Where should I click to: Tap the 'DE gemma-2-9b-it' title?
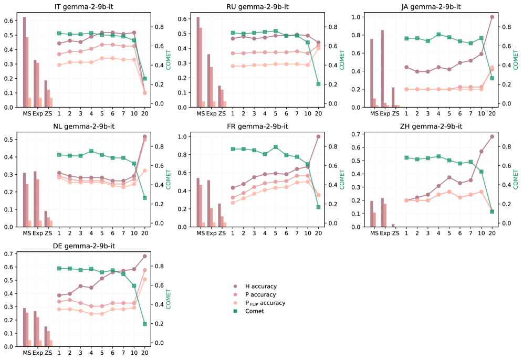(x=84, y=246)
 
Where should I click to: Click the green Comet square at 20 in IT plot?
(x=144, y=79)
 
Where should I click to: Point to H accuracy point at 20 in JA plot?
(x=492, y=17)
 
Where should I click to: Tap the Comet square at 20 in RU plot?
(x=318, y=84)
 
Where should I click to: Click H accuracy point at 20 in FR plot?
(x=318, y=136)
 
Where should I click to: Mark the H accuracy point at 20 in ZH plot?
(x=492, y=136)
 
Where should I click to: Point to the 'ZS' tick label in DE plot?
(x=48, y=353)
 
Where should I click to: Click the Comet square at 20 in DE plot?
(x=144, y=324)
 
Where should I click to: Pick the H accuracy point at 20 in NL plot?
(x=144, y=136)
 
